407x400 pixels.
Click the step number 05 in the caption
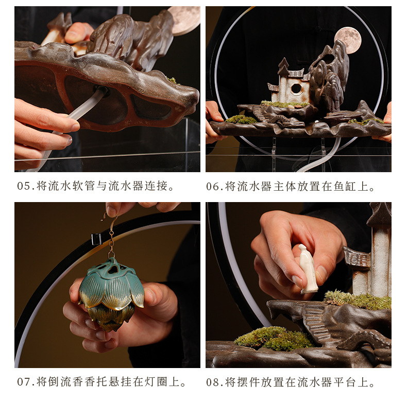(24, 187)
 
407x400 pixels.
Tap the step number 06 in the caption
(213, 187)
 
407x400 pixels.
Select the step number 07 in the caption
(24, 382)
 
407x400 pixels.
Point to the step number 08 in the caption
(213, 382)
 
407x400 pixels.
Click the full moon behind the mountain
(347, 40)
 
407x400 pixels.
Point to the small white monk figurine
(308, 269)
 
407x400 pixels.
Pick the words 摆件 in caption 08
(249, 382)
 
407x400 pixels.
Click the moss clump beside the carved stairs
(274, 338)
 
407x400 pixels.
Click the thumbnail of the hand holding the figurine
(298, 285)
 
